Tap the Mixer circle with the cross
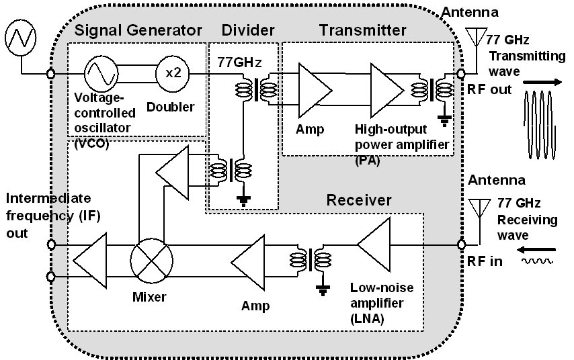pyautogui.click(x=151, y=259)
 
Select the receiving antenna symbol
pyautogui.click(x=479, y=208)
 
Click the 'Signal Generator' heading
pyautogui.click(x=137, y=30)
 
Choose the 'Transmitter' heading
pyautogui.click(x=362, y=30)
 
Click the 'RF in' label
pyautogui.click(x=485, y=261)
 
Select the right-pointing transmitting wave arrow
pyautogui.click(x=544, y=82)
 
